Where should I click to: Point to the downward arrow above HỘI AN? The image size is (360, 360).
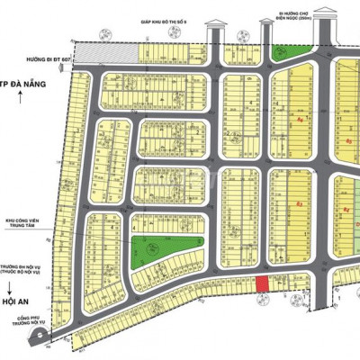(20, 290)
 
